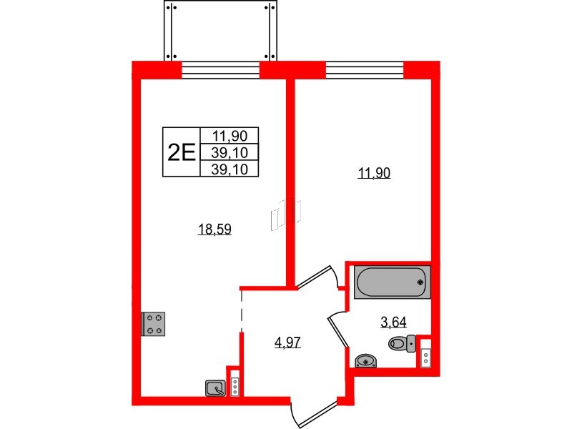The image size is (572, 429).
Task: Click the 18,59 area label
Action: click(x=214, y=229)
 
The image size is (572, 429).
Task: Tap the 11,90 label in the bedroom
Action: click(x=374, y=173)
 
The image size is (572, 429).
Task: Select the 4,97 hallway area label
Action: click(x=287, y=342)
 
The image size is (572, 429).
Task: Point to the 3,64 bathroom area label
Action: click(x=393, y=322)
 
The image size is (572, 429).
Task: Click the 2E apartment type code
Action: click(x=182, y=152)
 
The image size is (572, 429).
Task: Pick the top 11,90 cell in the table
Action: click(x=230, y=136)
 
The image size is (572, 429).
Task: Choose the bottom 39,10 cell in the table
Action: click(x=230, y=169)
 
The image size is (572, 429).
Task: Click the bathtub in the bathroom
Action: click(x=392, y=282)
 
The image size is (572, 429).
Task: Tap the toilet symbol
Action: click(x=402, y=343)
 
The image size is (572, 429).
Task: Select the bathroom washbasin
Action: click(x=366, y=361)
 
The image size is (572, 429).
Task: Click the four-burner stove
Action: click(x=153, y=324)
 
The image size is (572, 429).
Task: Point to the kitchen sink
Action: click(x=216, y=388)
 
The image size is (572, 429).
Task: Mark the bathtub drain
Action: click(x=420, y=282)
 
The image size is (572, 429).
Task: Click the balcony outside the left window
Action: click(x=220, y=30)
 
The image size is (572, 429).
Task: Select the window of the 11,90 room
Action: click(x=365, y=70)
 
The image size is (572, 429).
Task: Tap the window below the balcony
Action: click(x=220, y=70)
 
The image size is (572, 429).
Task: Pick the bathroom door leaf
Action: click(x=338, y=332)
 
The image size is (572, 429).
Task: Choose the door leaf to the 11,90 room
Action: click(x=314, y=276)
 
